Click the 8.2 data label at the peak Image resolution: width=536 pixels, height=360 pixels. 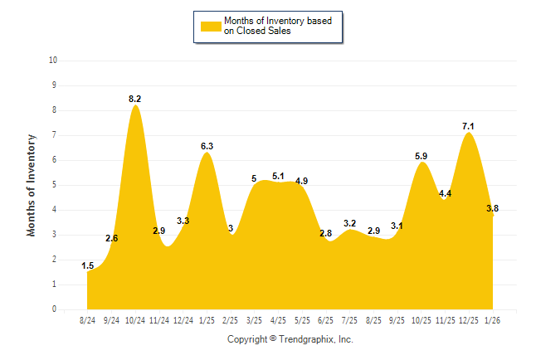(x=134, y=99)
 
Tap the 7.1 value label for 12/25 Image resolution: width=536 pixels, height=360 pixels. (x=468, y=126)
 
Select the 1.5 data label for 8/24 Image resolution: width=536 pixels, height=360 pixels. (x=87, y=265)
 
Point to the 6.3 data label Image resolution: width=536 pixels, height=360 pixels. (x=207, y=146)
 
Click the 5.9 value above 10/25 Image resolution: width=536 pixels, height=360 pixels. (x=421, y=156)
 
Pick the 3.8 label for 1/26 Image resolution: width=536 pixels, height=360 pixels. (x=492, y=208)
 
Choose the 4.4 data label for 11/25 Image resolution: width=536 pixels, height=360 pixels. (x=445, y=193)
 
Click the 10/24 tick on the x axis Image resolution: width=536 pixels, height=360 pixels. (x=135, y=320)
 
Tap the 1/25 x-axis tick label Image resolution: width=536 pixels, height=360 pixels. (x=207, y=320)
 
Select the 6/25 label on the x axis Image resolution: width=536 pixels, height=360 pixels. (x=326, y=320)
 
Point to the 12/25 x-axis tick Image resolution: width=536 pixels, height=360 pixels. (x=469, y=320)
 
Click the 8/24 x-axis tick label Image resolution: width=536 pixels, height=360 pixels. (x=87, y=320)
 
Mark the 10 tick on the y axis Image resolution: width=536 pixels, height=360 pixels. (x=53, y=61)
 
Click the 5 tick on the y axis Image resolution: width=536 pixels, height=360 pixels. (x=54, y=185)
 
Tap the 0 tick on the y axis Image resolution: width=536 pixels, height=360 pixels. (x=54, y=309)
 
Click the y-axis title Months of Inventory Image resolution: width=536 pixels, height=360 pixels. (x=32, y=185)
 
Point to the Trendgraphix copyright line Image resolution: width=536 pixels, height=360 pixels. (x=290, y=339)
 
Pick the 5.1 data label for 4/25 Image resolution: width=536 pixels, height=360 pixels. (x=278, y=176)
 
